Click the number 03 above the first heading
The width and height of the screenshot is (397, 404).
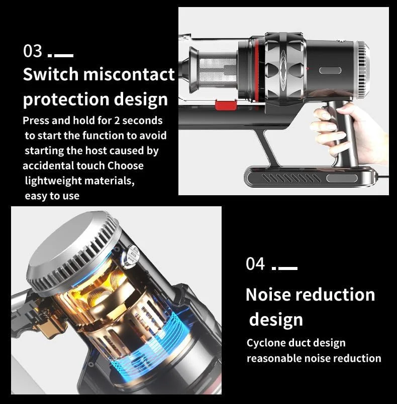point(33,51)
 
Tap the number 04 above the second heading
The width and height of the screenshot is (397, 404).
point(255,263)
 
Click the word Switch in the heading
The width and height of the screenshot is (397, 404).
point(51,74)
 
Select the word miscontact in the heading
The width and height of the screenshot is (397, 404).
point(129,74)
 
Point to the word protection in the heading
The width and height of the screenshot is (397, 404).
point(66,99)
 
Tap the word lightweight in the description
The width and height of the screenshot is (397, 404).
point(53,181)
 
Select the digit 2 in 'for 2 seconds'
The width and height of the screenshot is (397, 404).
point(117,121)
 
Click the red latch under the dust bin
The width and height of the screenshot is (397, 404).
point(226,105)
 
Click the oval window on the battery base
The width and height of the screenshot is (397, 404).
point(342,178)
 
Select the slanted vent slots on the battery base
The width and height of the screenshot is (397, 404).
point(291,178)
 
